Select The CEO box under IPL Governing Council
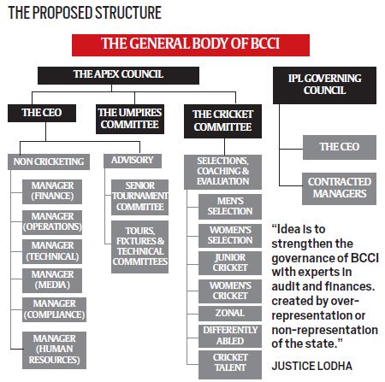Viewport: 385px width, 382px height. [339, 147]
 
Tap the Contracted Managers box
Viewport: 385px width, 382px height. [339, 187]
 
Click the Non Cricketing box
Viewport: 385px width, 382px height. [49, 160]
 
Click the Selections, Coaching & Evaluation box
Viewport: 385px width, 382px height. [222, 170]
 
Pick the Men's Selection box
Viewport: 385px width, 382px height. [224, 205]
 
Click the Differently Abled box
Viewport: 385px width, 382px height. [224, 335]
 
